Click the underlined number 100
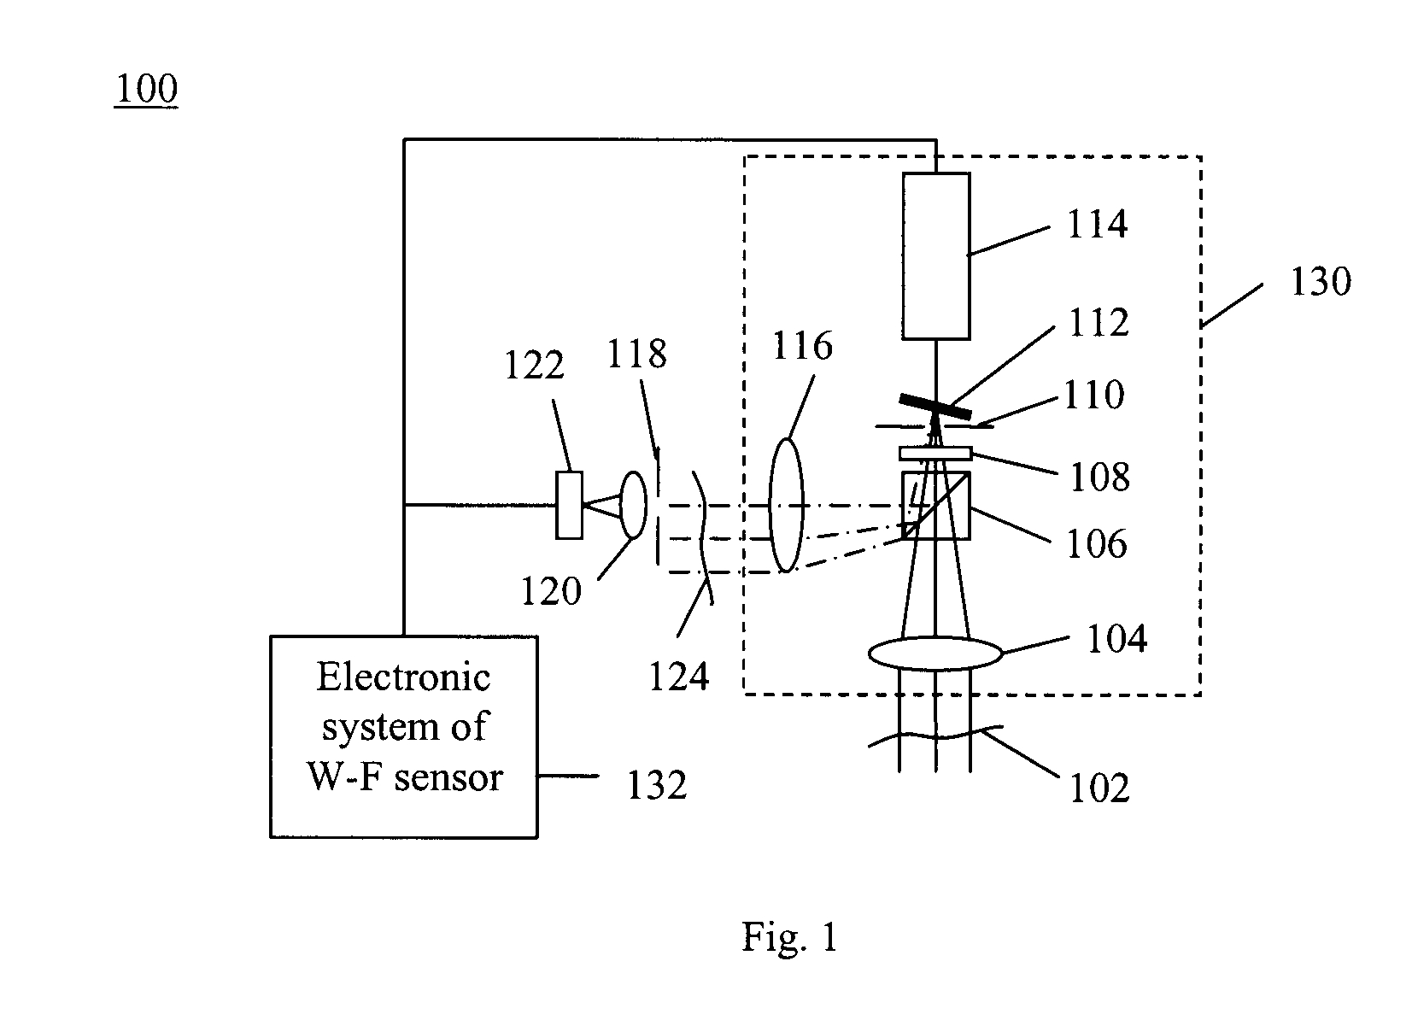pyautogui.click(x=146, y=89)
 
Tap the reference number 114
pyautogui.click(x=1097, y=225)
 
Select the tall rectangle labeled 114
pyautogui.click(x=936, y=255)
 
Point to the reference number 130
pyautogui.click(x=1320, y=282)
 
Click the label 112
pyautogui.click(x=1098, y=323)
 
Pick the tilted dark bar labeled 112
pyautogui.click(x=935, y=407)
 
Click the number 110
pyautogui.click(x=1093, y=396)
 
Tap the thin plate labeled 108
pyautogui.click(x=936, y=453)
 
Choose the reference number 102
pyautogui.click(x=1099, y=787)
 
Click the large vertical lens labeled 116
pyautogui.click(x=787, y=504)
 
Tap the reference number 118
pyautogui.click(x=636, y=353)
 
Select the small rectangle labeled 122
pyautogui.click(x=570, y=505)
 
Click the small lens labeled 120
pyautogui.click(x=632, y=505)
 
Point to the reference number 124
pyautogui.click(x=678, y=676)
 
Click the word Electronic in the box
pyautogui.click(x=403, y=677)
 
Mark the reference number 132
pyautogui.click(x=657, y=785)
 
